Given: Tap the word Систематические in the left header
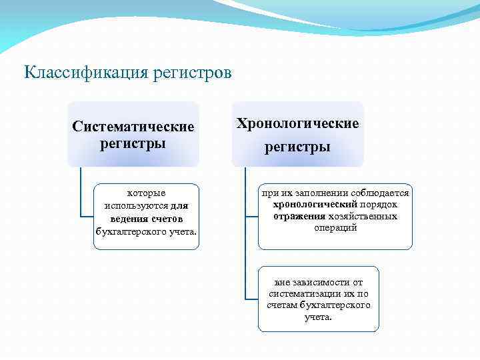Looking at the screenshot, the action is (x=133, y=127).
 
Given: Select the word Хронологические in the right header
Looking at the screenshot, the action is (x=298, y=123).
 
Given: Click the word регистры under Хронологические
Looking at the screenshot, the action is (x=297, y=147).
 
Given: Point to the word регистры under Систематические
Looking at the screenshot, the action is (x=133, y=143).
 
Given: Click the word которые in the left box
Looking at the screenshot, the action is (x=147, y=193).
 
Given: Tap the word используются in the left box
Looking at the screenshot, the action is (x=136, y=206).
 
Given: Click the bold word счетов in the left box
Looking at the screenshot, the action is (x=165, y=219).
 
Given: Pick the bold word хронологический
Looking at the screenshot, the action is (x=315, y=204).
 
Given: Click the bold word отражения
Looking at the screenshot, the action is (x=299, y=216).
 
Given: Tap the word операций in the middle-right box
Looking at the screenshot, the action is (x=335, y=228).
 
